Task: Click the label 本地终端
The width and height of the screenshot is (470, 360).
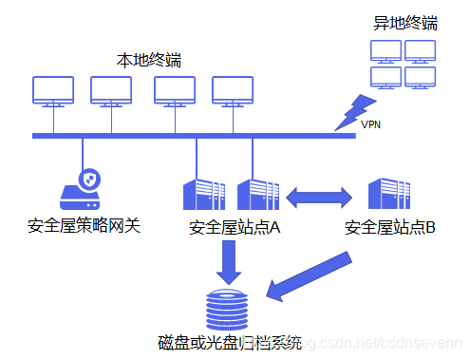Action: [148, 61]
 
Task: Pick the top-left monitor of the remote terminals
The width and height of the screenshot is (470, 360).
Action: [385, 49]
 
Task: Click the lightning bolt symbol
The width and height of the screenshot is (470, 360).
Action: [354, 109]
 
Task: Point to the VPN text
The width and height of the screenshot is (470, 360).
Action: [372, 123]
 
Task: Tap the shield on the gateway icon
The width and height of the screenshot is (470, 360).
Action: [90, 179]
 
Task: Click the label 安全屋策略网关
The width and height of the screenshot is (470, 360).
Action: [84, 227]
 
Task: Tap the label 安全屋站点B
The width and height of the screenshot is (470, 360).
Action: [389, 228]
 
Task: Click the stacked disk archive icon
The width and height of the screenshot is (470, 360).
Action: [227, 310]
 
